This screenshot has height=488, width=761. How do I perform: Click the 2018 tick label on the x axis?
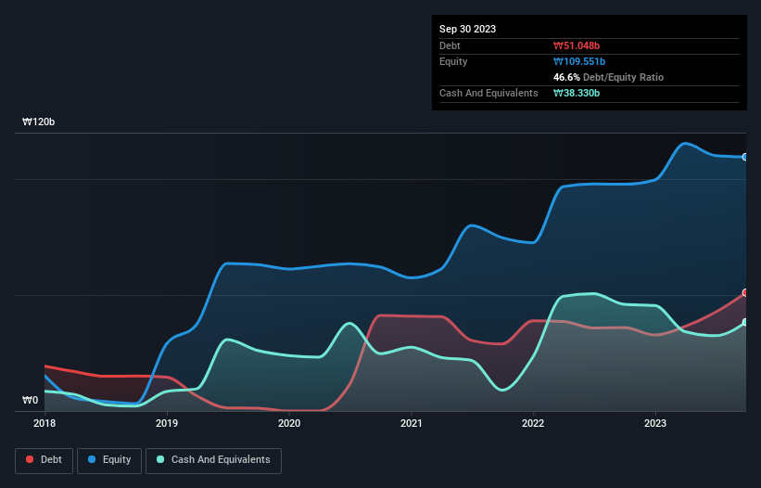(x=44, y=424)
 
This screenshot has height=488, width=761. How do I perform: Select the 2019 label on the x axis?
(x=167, y=424)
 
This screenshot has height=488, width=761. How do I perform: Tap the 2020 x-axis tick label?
(x=289, y=424)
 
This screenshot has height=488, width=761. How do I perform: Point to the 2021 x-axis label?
(x=412, y=424)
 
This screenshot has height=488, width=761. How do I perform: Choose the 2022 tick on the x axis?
(x=534, y=424)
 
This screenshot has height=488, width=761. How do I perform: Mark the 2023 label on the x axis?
(x=656, y=424)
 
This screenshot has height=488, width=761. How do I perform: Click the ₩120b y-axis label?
(x=40, y=122)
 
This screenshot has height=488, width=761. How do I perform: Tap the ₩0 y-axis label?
(x=31, y=401)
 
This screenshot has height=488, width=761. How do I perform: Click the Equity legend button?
(x=109, y=460)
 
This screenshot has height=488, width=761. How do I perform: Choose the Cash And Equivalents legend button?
(x=212, y=460)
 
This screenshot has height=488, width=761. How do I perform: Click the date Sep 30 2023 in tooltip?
(x=467, y=29)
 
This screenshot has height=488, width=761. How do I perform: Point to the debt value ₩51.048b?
(x=578, y=45)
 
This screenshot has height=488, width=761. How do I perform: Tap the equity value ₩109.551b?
(x=581, y=61)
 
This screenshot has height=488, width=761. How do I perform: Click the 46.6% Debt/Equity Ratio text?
(x=608, y=77)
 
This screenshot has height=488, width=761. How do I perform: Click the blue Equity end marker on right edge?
(x=745, y=157)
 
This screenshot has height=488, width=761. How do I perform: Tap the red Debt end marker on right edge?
(x=745, y=292)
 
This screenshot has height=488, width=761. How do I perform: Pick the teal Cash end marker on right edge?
(x=745, y=322)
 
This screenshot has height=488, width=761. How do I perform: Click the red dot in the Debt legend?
(x=31, y=460)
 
